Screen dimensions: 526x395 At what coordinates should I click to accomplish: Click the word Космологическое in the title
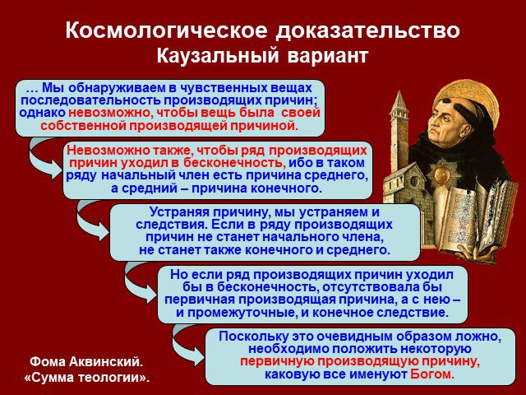[x=166, y=30]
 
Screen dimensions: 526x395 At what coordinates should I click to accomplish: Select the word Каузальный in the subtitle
[x=218, y=56]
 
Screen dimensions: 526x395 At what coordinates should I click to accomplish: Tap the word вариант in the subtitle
[x=328, y=57]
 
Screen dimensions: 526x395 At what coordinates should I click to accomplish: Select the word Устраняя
[x=177, y=212]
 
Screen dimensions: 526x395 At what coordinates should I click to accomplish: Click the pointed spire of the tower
[x=399, y=100]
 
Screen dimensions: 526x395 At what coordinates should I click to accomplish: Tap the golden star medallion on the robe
[x=442, y=174]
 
